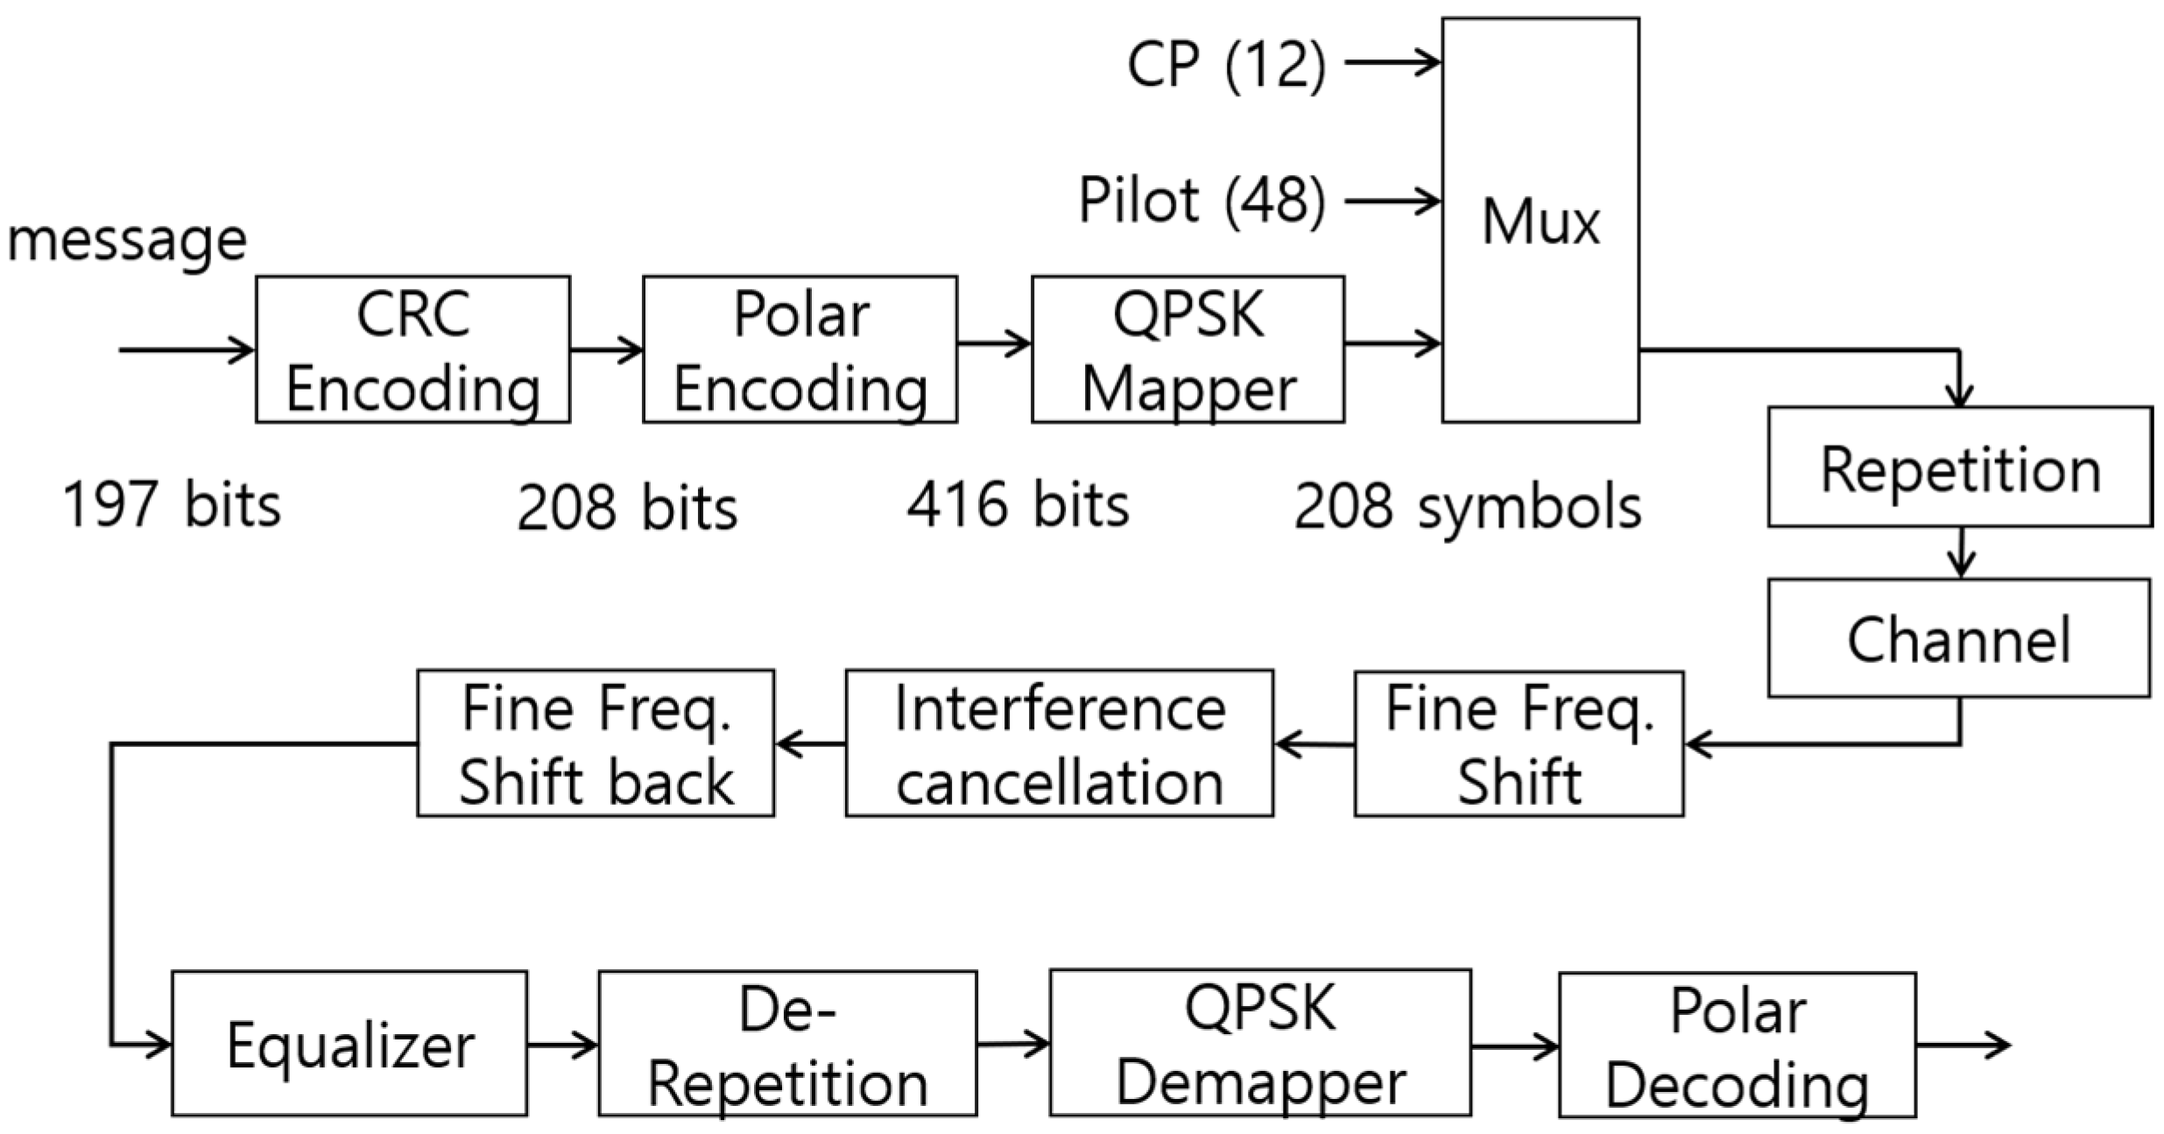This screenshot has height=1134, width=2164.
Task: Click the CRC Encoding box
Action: [412, 349]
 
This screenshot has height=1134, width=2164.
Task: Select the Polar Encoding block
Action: [800, 349]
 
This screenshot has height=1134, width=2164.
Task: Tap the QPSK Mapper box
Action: [1188, 349]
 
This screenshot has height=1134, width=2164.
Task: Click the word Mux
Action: [1540, 222]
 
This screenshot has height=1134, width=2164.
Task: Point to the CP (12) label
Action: [1226, 64]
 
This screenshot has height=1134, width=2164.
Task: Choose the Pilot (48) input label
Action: [1202, 201]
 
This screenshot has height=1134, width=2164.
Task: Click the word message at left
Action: [128, 239]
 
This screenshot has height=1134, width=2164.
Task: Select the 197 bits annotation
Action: [172, 506]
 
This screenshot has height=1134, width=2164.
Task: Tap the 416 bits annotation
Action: [1018, 506]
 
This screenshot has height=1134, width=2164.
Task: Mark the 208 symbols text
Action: [1468, 508]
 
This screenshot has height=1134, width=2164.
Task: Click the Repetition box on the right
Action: [1960, 467]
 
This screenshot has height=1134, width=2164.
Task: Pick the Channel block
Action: [1958, 637]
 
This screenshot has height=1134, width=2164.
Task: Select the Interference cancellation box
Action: [1059, 743]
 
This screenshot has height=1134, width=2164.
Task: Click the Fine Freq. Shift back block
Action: [596, 743]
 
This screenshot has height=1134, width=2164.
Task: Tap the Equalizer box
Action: [349, 1043]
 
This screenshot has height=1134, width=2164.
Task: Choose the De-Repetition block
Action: [787, 1043]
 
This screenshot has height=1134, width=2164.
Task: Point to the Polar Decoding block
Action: [1737, 1045]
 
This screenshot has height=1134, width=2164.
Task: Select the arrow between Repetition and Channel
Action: [1962, 552]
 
